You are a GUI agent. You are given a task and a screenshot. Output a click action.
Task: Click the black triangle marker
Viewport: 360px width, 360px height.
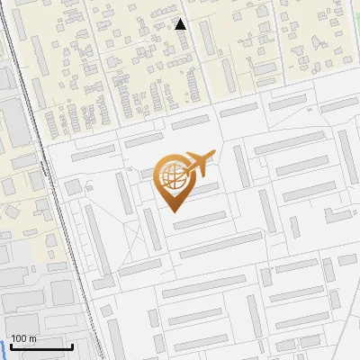point(181,24)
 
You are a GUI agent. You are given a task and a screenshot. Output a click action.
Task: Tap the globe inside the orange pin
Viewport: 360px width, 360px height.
point(173,176)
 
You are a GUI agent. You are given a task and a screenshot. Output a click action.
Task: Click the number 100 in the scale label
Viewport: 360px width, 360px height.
point(19,338)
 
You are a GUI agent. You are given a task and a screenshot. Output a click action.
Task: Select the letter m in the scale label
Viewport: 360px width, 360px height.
point(32,338)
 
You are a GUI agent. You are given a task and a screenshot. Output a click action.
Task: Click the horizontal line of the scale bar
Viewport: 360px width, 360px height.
point(41,346)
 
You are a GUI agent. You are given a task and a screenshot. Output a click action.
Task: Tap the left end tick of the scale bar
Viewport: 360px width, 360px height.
point(11,345)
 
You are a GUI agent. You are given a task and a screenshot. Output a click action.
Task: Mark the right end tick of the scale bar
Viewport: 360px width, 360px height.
point(72,345)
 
